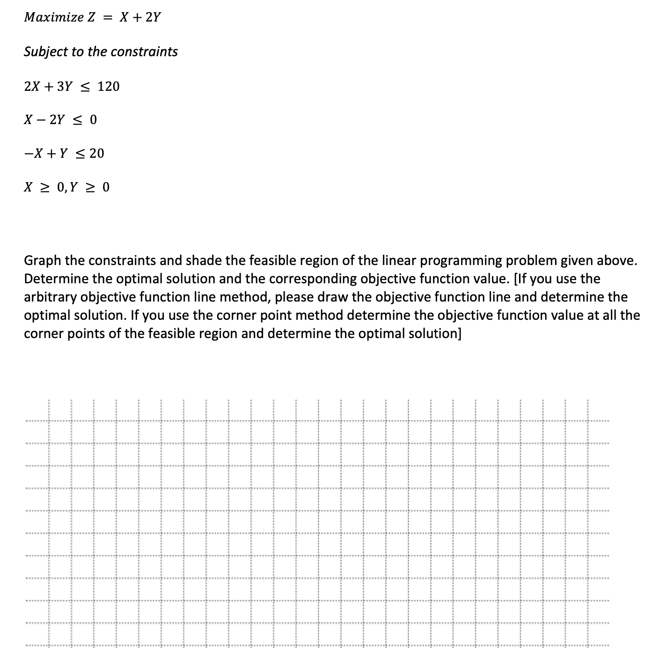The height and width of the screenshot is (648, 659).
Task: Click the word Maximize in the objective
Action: pyautogui.click(x=54, y=18)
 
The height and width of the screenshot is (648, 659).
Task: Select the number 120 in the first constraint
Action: pyautogui.click(x=109, y=87)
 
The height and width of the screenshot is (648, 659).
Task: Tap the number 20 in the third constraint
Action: pyautogui.click(x=96, y=154)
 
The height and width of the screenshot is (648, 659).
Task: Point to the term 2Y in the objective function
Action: pyautogui.click(x=153, y=18)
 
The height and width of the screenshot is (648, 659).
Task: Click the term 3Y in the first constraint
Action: pyautogui.click(x=65, y=87)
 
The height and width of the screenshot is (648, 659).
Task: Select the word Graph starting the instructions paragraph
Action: pyautogui.click(x=42, y=261)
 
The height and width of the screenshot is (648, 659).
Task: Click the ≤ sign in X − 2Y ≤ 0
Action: pyautogui.click(x=78, y=120)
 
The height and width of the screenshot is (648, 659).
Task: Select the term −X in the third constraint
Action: pyautogui.click(x=32, y=154)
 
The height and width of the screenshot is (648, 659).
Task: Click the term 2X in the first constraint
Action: pyautogui.click(x=32, y=87)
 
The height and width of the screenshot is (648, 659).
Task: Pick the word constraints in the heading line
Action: pyautogui.click(x=144, y=52)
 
